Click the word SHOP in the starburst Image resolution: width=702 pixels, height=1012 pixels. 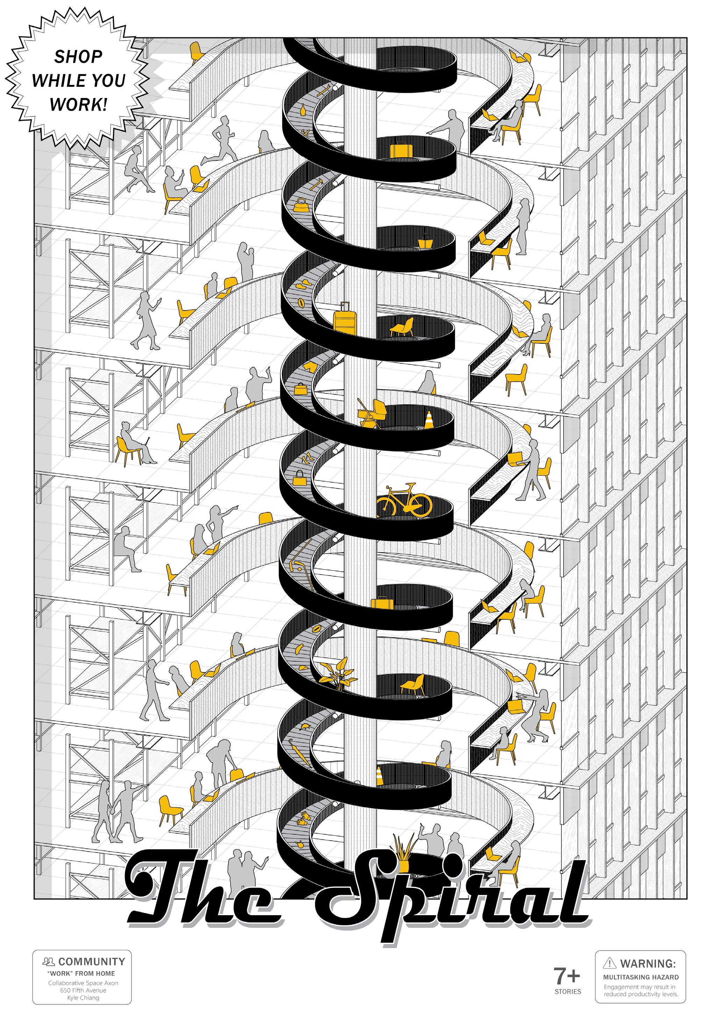coord(78,57)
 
